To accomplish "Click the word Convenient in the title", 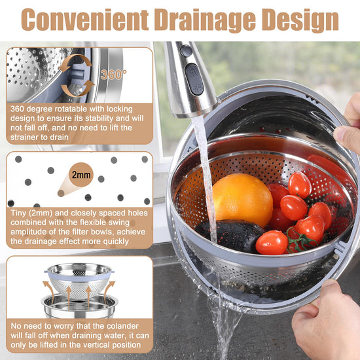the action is click(85, 20).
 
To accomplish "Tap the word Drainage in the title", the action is click(205, 21).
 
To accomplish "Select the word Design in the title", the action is click(300, 21).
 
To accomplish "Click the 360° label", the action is click(113, 75).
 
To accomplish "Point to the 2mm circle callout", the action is click(81, 175).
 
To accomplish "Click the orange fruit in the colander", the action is click(242, 200).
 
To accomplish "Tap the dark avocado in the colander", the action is click(230, 236).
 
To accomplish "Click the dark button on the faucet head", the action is click(194, 79).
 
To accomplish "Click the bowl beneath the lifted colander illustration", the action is click(79, 306).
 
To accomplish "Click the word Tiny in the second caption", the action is click(18, 213).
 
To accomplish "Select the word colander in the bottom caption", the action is click(123, 326).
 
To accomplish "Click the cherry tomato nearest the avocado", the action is click(272, 242).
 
